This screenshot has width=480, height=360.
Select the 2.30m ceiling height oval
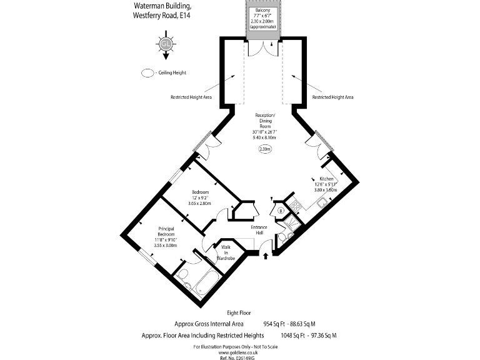click(x=265, y=149)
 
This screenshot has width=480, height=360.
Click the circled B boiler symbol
click(x=282, y=211)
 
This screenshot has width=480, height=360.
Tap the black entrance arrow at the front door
click(x=267, y=255)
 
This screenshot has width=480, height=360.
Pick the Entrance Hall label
click(x=259, y=230)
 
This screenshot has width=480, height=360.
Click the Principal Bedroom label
click(x=166, y=231)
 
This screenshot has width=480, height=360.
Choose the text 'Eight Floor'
click(x=239, y=311)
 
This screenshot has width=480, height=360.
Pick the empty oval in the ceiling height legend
click(x=148, y=73)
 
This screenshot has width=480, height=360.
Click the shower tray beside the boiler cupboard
click(x=285, y=237)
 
